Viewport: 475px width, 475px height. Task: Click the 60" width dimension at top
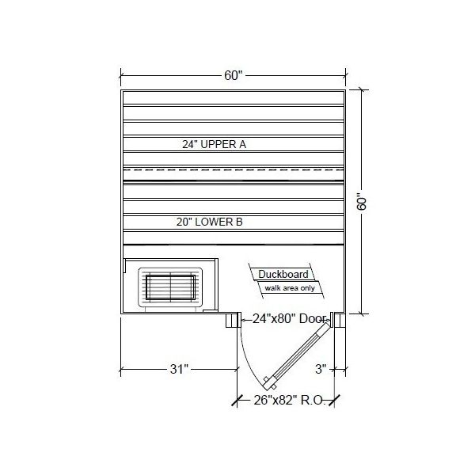pos(232,76)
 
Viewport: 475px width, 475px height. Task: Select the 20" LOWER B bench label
pos(209,223)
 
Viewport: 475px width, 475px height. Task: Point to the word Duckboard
pos(280,275)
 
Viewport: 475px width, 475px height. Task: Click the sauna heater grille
pos(171,287)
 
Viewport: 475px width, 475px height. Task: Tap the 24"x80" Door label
pos(290,320)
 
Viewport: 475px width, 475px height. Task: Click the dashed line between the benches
pos(233,169)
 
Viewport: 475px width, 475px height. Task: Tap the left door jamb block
pos(233,320)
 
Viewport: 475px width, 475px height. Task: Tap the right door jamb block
pos(338,320)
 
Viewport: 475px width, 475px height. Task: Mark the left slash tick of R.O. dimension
pos(237,401)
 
